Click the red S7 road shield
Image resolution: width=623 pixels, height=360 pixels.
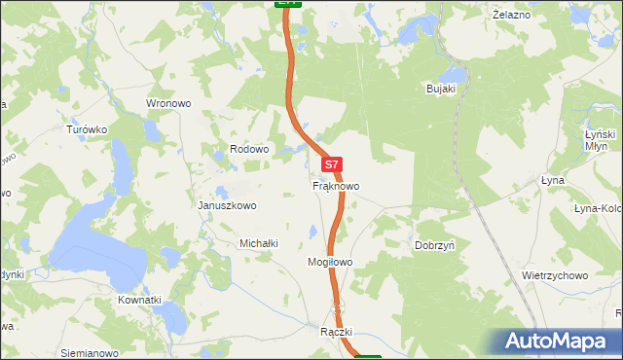point(332,165)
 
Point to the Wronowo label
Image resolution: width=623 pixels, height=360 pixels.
point(168,103)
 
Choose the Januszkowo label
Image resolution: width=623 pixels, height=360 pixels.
point(227,205)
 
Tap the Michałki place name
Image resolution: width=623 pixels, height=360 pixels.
point(260,243)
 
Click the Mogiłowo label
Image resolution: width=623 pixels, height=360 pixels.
point(329,263)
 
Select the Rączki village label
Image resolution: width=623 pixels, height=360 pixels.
point(334,332)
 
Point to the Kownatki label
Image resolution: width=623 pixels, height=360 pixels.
point(139,300)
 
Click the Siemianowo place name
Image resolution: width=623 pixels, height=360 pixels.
point(89,352)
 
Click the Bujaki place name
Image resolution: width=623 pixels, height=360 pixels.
point(442,89)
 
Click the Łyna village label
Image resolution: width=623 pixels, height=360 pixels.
point(552,181)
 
